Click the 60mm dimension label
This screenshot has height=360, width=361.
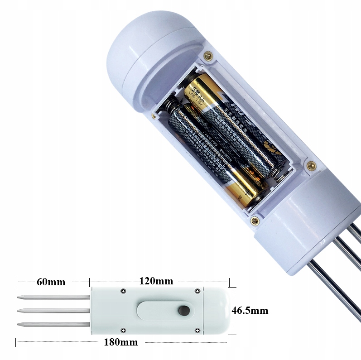point(51,282)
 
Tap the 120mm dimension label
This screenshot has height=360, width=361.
point(156,281)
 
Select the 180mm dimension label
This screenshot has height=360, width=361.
point(121,342)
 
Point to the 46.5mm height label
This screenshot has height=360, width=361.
point(250,311)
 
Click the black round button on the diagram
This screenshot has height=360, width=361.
point(184,311)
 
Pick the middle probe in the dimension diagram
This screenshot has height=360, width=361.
point(53,311)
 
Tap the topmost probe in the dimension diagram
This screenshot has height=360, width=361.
point(53,298)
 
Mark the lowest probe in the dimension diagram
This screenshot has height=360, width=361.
point(53,324)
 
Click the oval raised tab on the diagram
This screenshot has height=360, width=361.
point(163,311)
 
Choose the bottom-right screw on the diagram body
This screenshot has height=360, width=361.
point(197,331)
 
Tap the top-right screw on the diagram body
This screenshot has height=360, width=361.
point(197,291)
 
